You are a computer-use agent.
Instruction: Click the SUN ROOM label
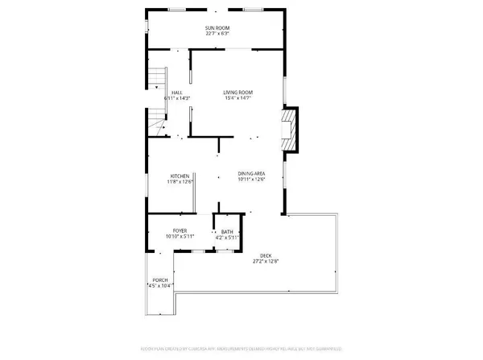pos(217,28)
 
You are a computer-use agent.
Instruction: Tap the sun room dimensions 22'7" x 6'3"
pos(217,34)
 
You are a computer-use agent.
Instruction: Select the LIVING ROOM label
pos(238,93)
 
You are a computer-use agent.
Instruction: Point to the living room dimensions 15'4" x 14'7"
pos(238,98)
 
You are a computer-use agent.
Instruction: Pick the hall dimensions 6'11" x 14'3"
pos(175,98)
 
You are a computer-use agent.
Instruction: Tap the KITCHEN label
pos(180,176)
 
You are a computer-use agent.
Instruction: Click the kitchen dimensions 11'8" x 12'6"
pos(180,181)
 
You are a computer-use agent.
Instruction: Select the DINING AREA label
pos(251,174)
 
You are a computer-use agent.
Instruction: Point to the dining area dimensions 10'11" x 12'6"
pos(251,180)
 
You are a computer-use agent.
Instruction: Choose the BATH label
pos(227,232)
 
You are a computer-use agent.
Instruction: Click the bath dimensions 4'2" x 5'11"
pos(227,238)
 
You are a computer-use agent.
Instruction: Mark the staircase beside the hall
pos(155,101)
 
